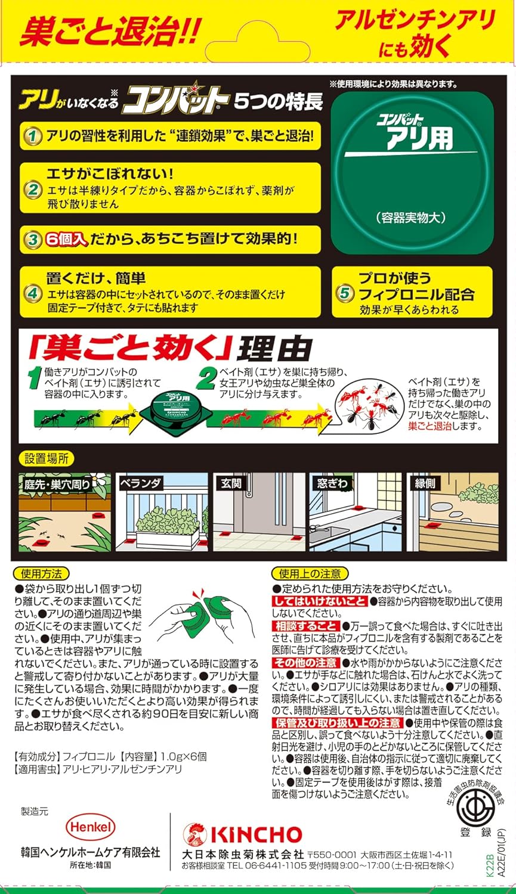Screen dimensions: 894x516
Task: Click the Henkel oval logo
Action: point(90,827)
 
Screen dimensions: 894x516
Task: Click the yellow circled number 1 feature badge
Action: point(32,136)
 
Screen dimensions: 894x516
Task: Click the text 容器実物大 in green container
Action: point(412,218)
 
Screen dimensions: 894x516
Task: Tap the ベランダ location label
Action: point(141,483)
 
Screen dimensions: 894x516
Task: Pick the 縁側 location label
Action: point(425,483)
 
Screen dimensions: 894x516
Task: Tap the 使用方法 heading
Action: point(41,574)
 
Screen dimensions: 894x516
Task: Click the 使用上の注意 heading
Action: point(310,574)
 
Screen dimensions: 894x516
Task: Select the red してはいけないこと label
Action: point(320,601)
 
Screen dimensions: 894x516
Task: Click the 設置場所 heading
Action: point(47,459)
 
